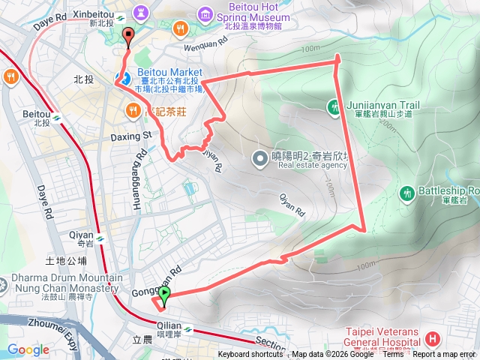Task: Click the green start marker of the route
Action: tap(165, 295)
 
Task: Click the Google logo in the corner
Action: tap(28, 349)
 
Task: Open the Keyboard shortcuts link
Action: tap(251, 355)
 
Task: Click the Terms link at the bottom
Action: tap(393, 355)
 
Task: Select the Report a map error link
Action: tap(444, 355)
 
